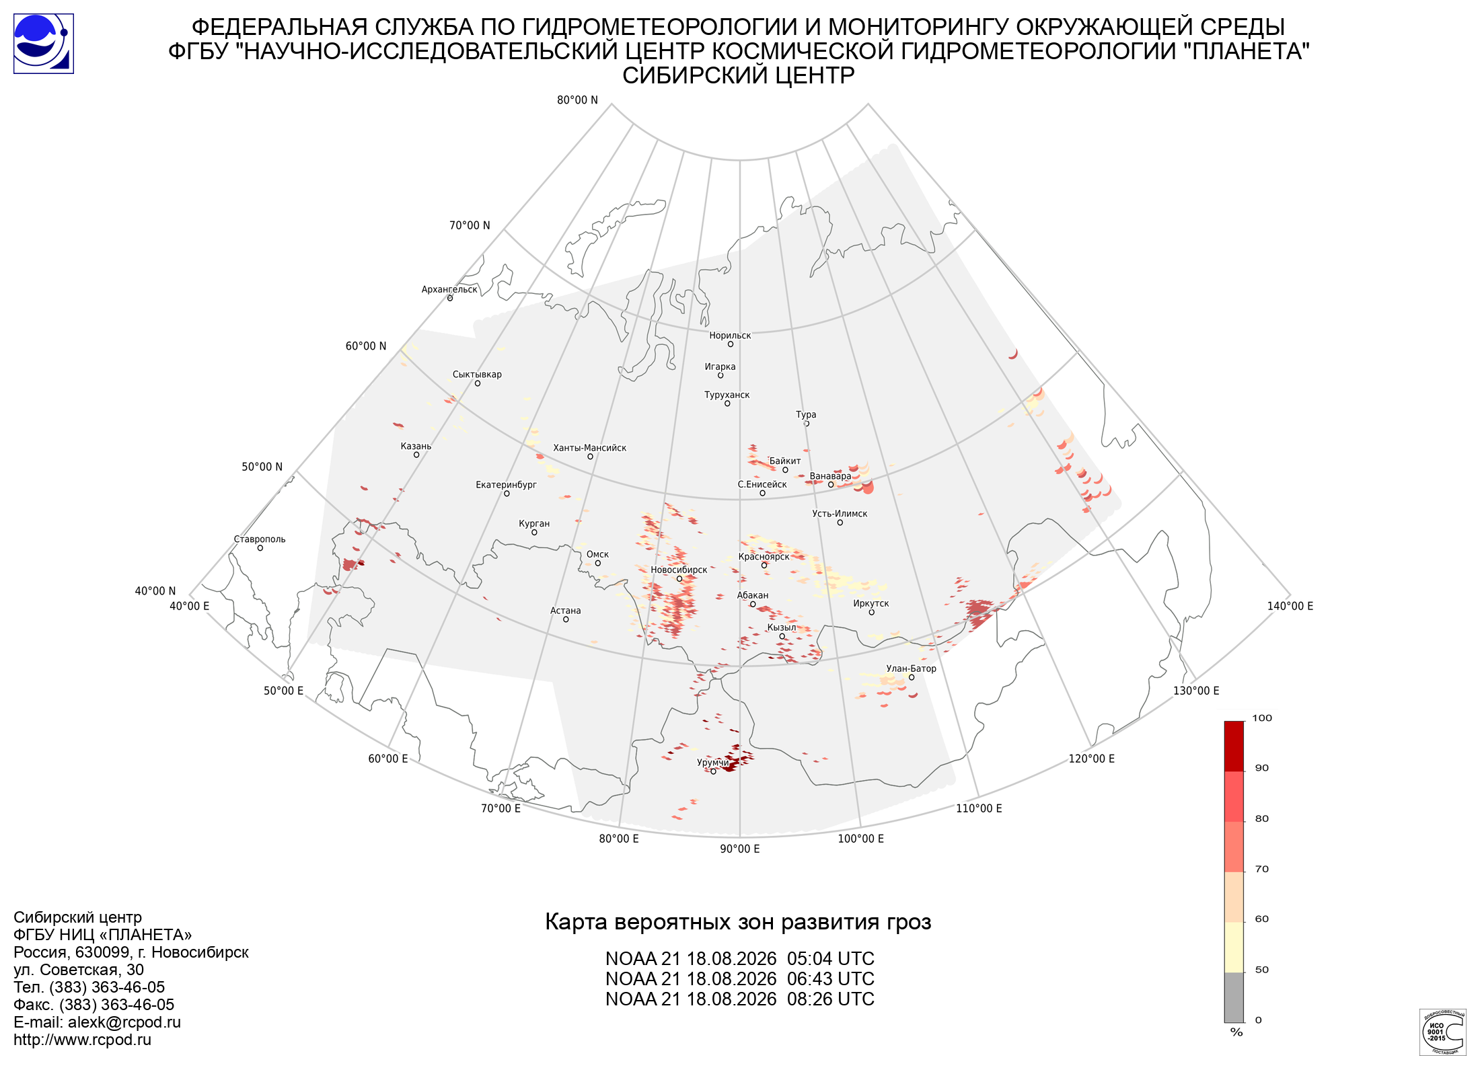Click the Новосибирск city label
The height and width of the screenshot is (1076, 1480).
coord(679,570)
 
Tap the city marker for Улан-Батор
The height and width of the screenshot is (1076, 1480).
coord(912,677)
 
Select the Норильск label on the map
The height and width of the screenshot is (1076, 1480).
coord(730,336)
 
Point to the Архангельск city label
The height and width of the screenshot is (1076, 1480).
coord(449,290)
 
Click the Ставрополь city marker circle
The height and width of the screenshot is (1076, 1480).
coord(260,548)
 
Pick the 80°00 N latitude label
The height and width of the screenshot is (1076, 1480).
coord(577,100)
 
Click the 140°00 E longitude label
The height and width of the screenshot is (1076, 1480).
coord(1290,606)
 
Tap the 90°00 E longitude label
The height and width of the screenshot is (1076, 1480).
coord(740,849)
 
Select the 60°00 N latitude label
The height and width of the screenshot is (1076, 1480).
coord(366,346)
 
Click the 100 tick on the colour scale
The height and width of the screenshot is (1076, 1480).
coord(1262,718)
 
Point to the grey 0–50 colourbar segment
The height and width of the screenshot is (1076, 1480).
coord(1234,997)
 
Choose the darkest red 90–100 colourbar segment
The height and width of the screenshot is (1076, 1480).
coord(1234,746)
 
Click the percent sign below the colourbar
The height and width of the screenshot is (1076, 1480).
coord(1236,1032)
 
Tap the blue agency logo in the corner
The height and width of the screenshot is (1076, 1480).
coord(44,44)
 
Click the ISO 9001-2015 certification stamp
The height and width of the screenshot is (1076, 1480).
coord(1442,1032)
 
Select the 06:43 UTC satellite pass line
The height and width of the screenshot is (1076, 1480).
coord(740,979)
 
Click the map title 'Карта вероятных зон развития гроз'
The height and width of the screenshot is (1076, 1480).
coord(738,922)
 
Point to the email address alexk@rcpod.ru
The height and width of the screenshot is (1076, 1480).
coord(124,1022)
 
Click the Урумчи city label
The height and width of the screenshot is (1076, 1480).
coord(713,763)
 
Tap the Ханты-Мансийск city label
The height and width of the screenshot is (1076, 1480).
coord(589,448)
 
